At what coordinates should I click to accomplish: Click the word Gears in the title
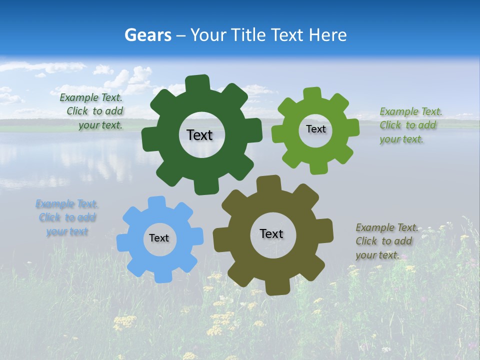click(x=147, y=35)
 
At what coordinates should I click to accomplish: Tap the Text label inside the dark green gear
click(x=199, y=135)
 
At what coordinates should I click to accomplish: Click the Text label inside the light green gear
click(x=315, y=129)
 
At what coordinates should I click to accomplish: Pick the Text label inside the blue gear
click(x=159, y=238)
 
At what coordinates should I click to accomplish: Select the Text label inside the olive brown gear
click(x=271, y=233)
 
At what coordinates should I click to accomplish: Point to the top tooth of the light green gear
click(x=312, y=94)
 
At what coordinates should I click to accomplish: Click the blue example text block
click(x=67, y=217)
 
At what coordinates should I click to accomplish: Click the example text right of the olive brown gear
click(x=385, y=241)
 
